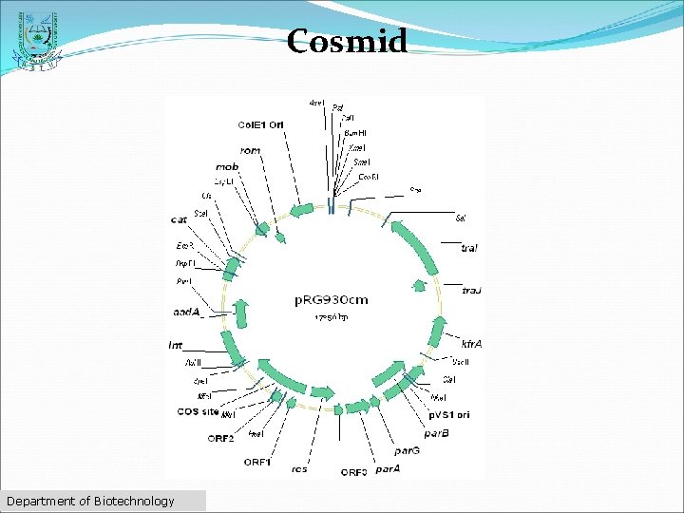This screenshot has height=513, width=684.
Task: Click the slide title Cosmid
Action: (x=347, y=41)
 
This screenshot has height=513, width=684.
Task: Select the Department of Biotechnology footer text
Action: (x=90, y=501)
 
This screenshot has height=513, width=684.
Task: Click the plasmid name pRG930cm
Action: (x=331, y=299)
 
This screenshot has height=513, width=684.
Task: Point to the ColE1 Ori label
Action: (x=260, y=124)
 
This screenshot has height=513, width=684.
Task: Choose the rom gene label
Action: (x=251, y=150)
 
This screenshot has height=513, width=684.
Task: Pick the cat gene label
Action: (x=178, y=219)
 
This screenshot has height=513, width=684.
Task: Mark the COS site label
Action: (x=197, y=412)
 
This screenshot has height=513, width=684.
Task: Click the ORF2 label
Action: (x=220, y=438)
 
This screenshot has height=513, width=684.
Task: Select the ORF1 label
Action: (x=256, y=462)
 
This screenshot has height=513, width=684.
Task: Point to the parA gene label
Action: (x=387, y=468)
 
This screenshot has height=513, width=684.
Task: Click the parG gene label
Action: (x=408, y=450)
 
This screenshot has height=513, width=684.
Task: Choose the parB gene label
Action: (x=437, y=433)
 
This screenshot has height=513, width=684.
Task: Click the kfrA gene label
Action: (x=471, y=342)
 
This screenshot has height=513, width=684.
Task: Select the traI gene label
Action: (x=468, y=248)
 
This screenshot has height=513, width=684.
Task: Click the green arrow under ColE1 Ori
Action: (x=302, y=210)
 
